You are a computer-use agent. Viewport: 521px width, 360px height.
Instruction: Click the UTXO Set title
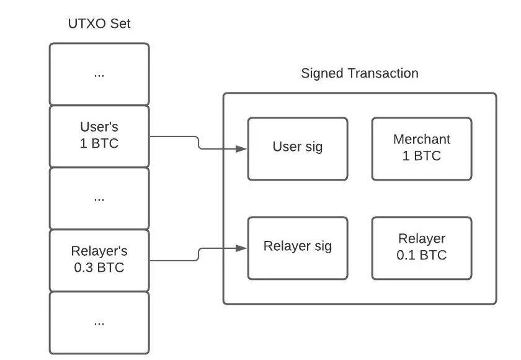(x=99, y=24)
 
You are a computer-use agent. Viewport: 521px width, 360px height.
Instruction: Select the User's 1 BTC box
(x=99, y=136)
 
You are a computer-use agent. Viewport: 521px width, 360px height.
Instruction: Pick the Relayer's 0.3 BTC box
(x=99, y=260)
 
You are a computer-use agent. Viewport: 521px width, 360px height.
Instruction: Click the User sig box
(x=298, y=148)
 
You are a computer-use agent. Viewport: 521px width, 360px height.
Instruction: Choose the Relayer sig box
(x=298, y=248)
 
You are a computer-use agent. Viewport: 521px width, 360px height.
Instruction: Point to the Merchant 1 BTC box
(x=422, y=148)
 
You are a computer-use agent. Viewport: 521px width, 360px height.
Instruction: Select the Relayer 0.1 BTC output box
(x=422, y=248)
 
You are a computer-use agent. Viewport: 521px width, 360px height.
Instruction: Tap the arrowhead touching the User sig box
(x=243, y=148)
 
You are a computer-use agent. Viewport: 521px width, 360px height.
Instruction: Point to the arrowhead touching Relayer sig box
(x=243, y=248)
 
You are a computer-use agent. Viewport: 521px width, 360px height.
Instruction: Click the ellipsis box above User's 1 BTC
(x=99, y=74)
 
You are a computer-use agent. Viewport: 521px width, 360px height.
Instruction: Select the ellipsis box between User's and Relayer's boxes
(x=99, y=198)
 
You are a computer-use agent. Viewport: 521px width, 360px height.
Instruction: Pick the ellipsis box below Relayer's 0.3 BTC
(x=99, y=322)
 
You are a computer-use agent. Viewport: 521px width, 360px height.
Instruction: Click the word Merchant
(x=422, y=140)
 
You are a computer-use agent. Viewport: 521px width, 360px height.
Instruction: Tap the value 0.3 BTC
(x=99, y=268)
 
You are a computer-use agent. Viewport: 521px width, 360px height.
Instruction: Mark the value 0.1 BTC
(x=422, y=255)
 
